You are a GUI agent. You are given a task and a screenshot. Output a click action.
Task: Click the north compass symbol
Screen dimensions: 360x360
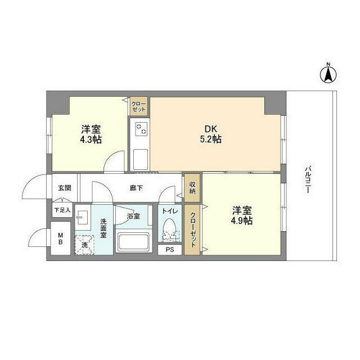coord(328,74)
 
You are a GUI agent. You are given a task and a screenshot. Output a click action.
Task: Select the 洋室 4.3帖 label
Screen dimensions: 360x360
coord(91,134)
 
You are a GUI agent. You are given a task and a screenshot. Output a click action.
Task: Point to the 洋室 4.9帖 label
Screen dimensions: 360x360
coord(242,215)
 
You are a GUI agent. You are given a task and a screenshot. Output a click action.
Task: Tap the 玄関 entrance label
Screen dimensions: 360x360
coord(65,188)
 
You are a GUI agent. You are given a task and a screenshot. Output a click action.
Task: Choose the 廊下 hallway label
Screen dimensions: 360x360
coord(136,188)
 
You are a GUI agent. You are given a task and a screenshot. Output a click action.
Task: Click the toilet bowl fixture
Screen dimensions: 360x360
coord(170,229)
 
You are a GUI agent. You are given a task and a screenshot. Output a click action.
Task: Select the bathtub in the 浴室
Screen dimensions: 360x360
coord(133,242)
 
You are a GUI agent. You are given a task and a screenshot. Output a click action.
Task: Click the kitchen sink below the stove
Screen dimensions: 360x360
coord(141,160)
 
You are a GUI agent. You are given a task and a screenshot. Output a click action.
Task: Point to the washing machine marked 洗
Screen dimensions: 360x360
coord(84,245)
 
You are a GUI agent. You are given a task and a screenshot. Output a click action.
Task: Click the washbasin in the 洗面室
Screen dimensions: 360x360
coord(83,217)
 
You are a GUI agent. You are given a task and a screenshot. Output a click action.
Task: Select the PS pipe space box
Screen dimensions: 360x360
coord(170,250)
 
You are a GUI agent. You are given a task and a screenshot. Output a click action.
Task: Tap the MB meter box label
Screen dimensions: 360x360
coord(60,238)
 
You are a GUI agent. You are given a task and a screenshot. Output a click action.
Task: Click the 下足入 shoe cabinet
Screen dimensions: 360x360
coord(62,210)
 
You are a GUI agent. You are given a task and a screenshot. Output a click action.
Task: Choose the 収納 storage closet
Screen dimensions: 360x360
coord(192,188)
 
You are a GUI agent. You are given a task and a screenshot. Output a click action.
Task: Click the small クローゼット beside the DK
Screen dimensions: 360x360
coord(139,106)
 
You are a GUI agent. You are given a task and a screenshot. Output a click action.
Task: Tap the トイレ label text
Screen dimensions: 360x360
coord(170,211)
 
